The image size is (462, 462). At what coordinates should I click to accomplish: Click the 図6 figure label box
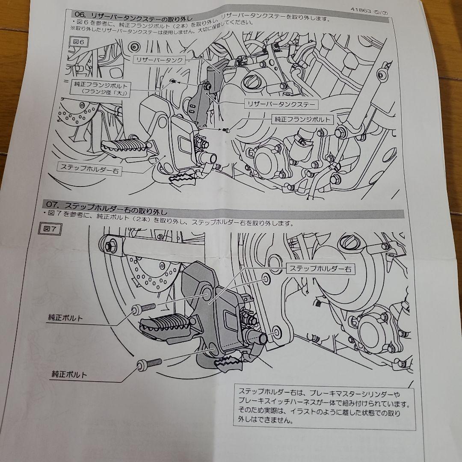[78, 42]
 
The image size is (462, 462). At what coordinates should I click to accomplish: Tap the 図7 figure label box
[50, 229]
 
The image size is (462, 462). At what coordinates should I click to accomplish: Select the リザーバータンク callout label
[159, 60]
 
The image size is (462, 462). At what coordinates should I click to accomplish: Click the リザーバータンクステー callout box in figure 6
[281, 104]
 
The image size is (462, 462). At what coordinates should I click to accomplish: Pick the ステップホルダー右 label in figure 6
[89, 168]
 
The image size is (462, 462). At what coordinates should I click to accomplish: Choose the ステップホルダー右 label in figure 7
[320, 269]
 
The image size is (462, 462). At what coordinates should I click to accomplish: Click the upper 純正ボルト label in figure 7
[65, 318]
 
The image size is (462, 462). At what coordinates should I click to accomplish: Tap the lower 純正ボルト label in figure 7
[69, 374]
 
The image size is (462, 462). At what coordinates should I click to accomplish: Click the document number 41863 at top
[361, 10]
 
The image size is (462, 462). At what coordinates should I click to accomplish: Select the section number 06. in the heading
[80, 14]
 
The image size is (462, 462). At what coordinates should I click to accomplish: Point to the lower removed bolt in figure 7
[149, 364]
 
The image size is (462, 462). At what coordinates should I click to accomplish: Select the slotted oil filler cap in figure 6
[249, 81]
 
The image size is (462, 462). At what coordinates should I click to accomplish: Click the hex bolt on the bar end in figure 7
[108, 246]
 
